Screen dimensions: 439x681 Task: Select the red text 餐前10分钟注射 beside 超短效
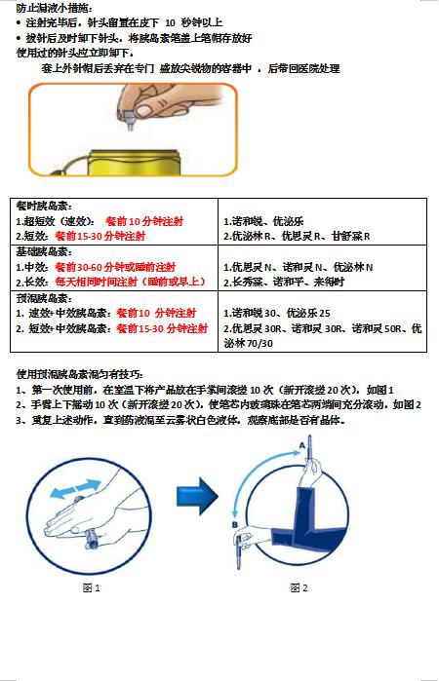144,221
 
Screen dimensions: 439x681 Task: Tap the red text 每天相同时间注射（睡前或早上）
130,282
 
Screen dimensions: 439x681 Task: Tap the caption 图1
91,587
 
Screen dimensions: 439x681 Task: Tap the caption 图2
299,587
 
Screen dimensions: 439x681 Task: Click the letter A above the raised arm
301,445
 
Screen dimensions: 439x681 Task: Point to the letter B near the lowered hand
235,525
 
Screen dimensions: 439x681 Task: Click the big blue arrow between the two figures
197,496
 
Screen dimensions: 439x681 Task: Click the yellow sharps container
133,162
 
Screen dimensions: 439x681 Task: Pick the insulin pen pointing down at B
239,551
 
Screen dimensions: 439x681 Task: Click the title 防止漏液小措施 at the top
54,8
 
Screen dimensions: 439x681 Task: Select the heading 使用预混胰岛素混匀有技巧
80,374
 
